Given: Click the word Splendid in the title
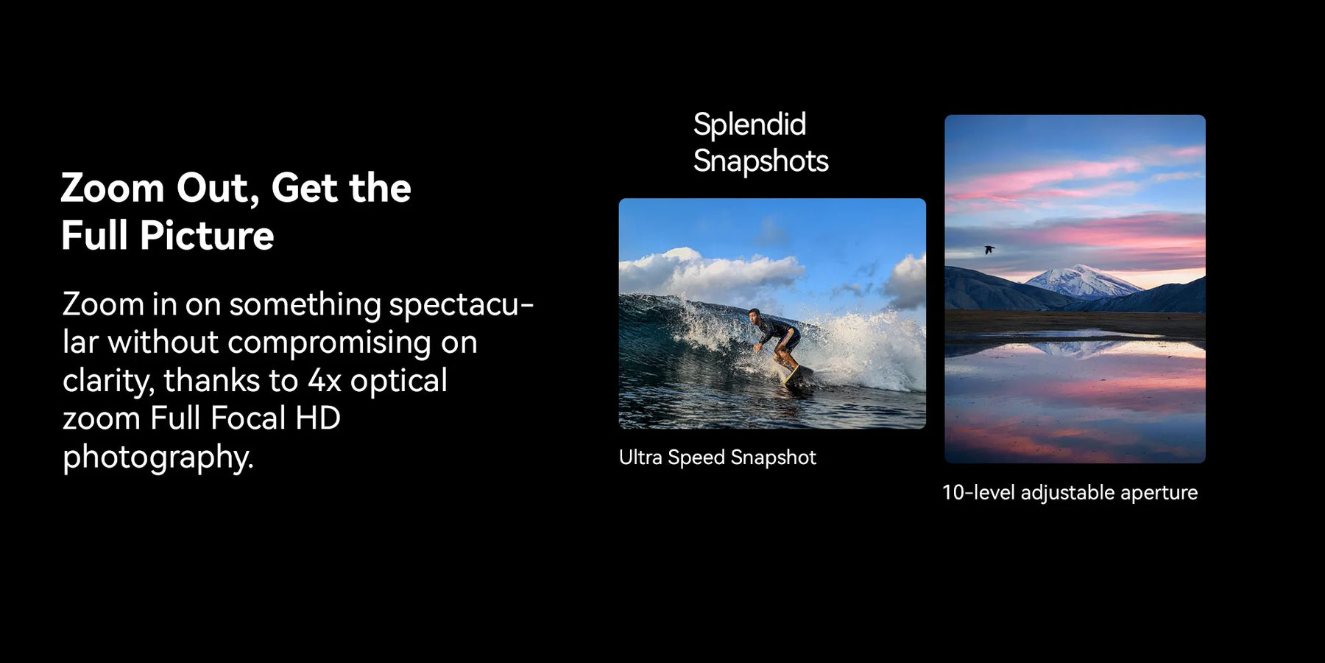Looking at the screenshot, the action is pos(749,124).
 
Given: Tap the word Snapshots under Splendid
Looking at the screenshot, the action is pos(760,161).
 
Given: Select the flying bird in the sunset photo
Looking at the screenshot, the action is pos(989,250).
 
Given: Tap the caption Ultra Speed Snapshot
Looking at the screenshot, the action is pos(718,457).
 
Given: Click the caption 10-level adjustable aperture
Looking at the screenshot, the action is pos(1070,492).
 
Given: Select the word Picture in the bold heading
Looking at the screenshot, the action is pos(207,235).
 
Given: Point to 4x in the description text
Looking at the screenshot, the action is pos(325,380).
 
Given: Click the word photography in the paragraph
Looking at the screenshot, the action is pos(158,457).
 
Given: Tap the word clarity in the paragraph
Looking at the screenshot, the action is pos(107,381).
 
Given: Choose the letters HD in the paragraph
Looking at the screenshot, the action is pos(317,418).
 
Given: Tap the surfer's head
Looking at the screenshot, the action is pos(754,315).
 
